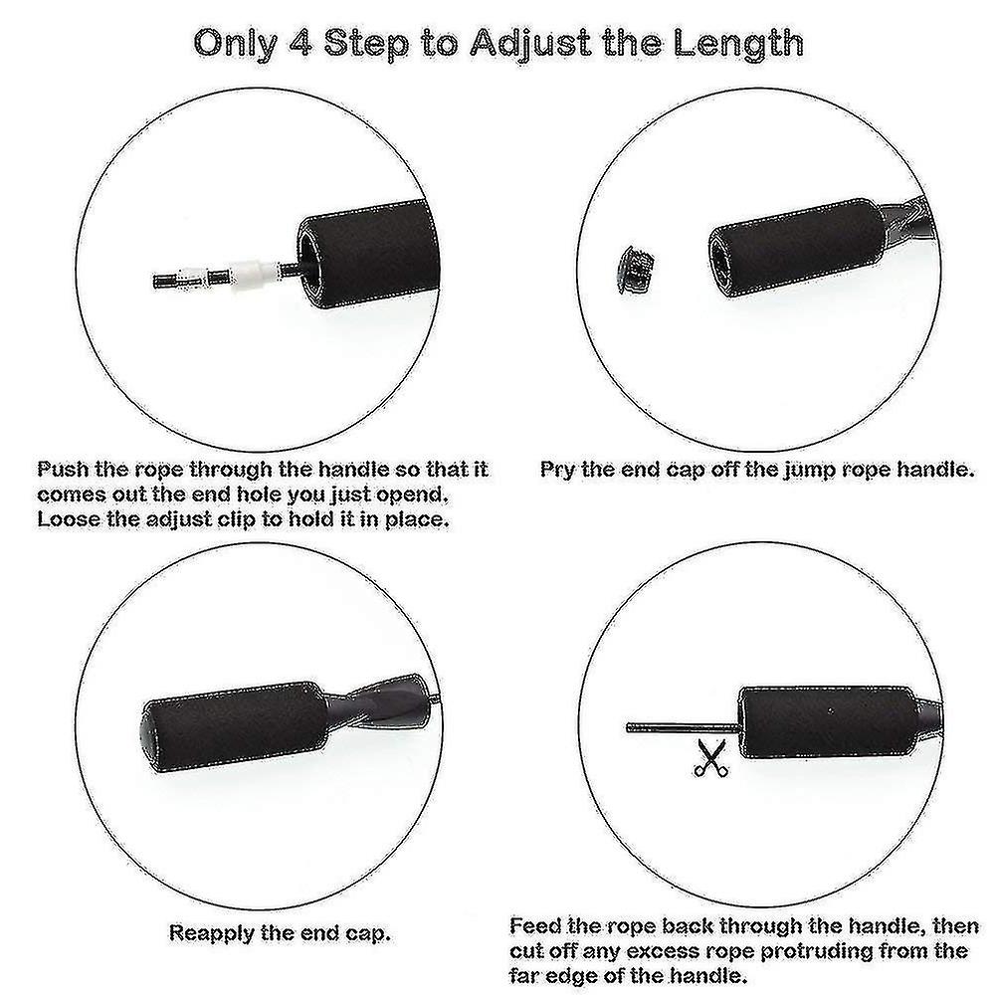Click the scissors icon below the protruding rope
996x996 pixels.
711,758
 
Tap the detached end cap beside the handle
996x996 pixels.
635,270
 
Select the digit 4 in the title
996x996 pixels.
299,44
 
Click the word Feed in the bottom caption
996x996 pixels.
536,925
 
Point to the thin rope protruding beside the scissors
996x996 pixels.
683,728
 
